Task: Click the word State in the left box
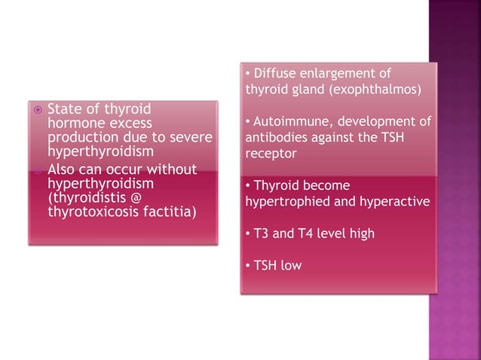tap(64, 109)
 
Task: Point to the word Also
tap(63, 169)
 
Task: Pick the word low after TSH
tap(290, 266)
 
